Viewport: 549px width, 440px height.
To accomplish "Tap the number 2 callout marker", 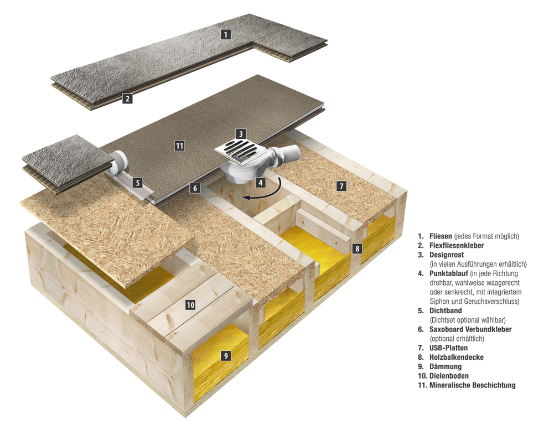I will click(x=128, y=99).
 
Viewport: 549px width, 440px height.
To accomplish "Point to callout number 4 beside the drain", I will click(x=260, y=182).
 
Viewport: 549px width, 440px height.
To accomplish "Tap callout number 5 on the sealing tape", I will click(x=138, y=181).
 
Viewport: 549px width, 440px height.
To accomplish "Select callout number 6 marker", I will click(x=194, y=188).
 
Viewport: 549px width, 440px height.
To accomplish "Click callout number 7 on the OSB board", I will click(x=341, y=186).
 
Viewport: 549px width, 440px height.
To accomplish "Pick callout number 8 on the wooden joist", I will click(x=358, y=249).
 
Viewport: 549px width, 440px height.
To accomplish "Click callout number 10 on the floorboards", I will click(x=190, y=304).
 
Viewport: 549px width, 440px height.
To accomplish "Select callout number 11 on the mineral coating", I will click(x=179, y=146).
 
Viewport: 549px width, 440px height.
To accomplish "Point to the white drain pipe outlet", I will click(x=291, y=153).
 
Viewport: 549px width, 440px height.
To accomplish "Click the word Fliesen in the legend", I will click(x=441, y=236).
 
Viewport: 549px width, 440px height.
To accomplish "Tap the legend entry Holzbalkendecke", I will click(x=457, y=357).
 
